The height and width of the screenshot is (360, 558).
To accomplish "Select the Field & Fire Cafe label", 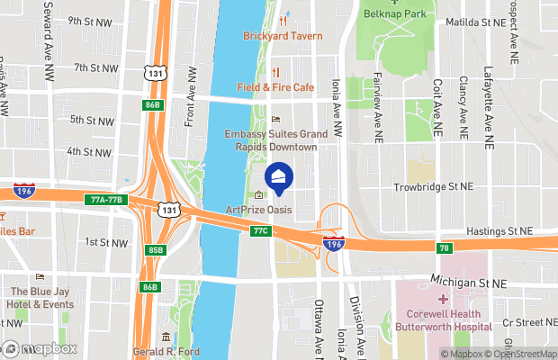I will click(275, 87).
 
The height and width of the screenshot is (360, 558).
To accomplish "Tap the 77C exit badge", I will click(260, 231).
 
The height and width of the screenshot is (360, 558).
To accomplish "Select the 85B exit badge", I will click(155, 249).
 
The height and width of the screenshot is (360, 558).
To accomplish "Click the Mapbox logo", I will click(39, 348).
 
